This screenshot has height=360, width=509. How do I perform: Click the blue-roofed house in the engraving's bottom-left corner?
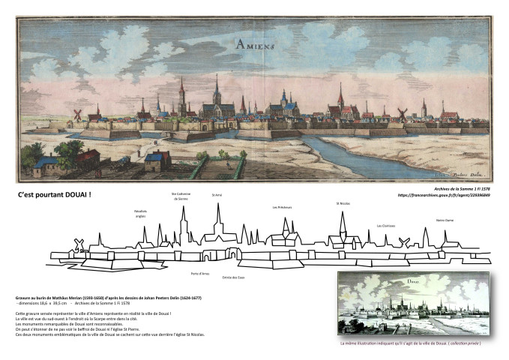[47, 162]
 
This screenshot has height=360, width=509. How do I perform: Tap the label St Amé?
[217, 194]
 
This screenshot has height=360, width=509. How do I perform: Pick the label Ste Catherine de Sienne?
[182, 196]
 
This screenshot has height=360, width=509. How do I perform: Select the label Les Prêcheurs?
[283, 207]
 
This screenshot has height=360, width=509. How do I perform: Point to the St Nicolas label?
[343, 203]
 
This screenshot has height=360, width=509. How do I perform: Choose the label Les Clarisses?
[387, 225]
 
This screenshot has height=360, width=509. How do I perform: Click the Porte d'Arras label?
[200, 273]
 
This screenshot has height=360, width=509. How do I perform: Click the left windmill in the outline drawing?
[76, 244]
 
